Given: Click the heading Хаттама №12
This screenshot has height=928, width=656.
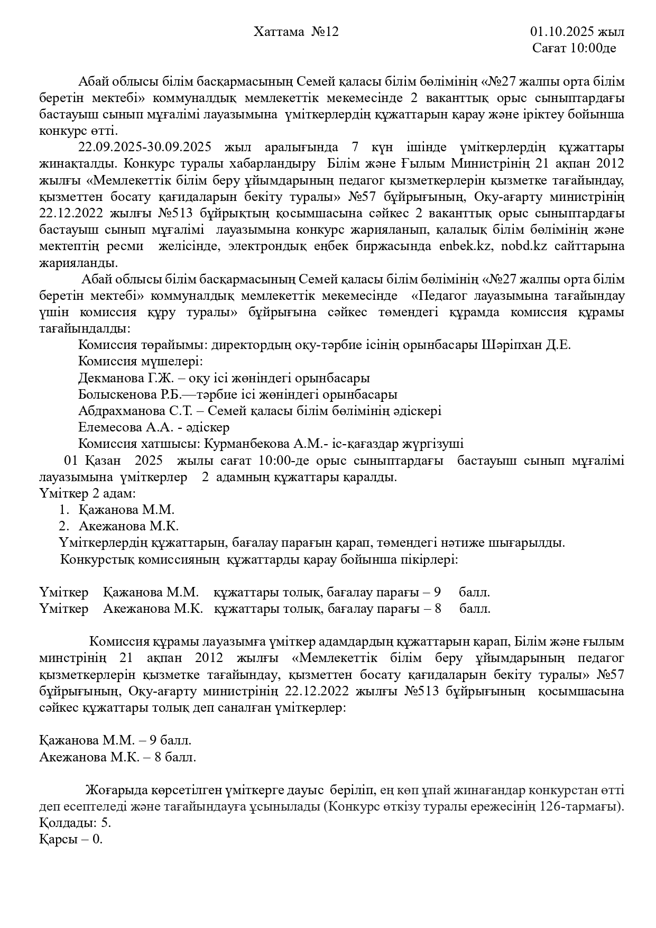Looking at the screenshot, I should click(296, 32).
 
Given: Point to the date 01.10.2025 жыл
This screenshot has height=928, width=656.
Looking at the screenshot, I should click(577, 32).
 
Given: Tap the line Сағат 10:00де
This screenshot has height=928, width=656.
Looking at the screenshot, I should click(574, 49).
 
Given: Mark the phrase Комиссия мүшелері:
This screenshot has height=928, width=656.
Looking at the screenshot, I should click(140, 362).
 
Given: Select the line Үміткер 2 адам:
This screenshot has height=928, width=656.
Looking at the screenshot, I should click(87, 493).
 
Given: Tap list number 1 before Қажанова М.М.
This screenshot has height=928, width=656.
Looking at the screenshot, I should click(63, 510).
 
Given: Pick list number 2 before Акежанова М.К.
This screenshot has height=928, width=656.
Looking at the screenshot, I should click(63, 527).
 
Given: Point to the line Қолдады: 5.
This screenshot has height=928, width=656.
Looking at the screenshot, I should click(75, 823).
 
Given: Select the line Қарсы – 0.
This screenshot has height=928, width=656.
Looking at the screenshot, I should click(71, 840).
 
